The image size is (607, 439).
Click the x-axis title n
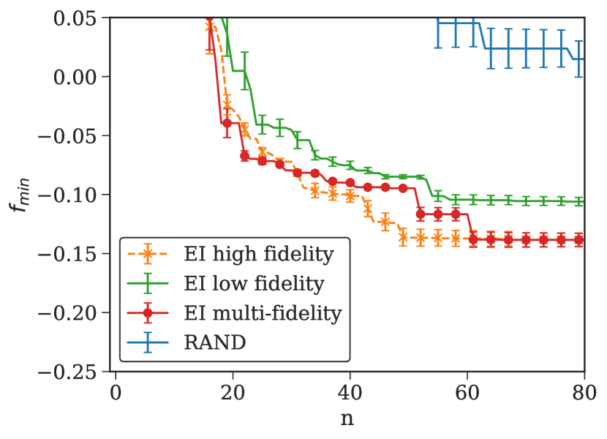click(347, 420)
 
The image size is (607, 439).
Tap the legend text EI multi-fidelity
click(262, 314)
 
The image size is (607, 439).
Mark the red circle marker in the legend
click(148, 314)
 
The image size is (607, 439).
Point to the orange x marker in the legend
click(148, 255)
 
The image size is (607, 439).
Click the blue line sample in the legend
click(148, 343)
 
